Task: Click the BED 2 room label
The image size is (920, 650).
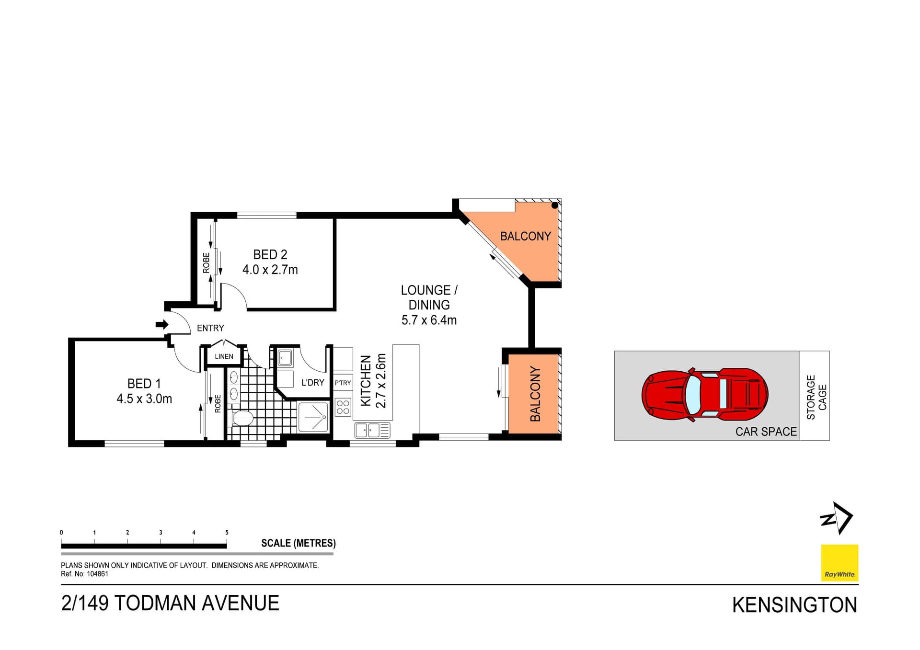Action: click(x=270, y=254)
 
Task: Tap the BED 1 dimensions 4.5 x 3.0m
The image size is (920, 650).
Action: click(x=144, y=399)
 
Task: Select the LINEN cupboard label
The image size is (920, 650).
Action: click(x=224, y=357)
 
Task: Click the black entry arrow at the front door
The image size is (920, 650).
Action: click(x=162, y=325)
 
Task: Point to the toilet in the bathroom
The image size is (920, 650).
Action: click(x=242, y=418)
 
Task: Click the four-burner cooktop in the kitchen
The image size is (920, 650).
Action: click(x=343, y=407)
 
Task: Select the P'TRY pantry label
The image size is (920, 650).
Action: click(x=343, y=383)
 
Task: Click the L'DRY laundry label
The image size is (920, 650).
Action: click(x=312, y=383)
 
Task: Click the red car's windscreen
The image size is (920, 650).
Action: click(x=693, y=396)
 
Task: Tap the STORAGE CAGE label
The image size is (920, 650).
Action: click(x=816, y=397)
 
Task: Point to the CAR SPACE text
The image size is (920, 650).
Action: click(x=766, y=432)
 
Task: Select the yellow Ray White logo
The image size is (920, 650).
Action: click(x=839, y=563)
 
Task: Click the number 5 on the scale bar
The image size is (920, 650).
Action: click(x=227, y=533)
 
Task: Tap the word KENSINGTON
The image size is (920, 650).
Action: click(x=794, y=605)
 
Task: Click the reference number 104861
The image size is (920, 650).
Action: click(x=97, y=574)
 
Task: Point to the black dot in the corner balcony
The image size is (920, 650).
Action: click(x=554, y=205)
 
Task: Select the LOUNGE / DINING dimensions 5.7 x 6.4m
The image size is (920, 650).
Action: click(x=429, y=320)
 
